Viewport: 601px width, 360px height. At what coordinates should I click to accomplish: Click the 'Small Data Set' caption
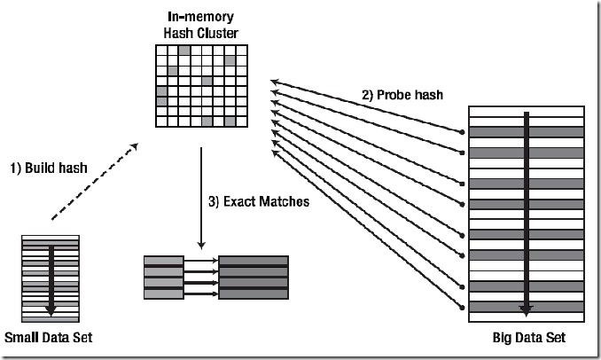[48, 338]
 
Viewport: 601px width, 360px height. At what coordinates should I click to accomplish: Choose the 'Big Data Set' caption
[528, 339]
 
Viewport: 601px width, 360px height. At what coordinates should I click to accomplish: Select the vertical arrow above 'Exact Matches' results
[201, 200]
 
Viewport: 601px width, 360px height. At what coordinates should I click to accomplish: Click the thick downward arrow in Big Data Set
[527, 213]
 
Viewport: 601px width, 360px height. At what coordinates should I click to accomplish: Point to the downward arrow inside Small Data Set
[51, 277]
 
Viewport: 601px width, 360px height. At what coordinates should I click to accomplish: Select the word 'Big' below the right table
[503, 339]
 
